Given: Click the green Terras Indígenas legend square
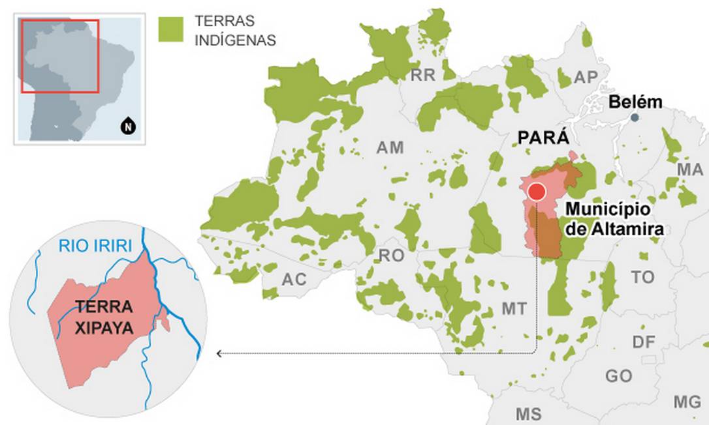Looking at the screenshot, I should point(171,30).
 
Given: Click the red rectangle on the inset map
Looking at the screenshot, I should point(59,56).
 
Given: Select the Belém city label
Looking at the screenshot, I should point(635,102).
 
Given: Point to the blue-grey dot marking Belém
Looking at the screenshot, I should point(634,118).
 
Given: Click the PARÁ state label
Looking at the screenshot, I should point(543,138).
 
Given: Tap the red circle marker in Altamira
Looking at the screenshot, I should point(537,192).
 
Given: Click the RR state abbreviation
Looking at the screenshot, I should point(422,76).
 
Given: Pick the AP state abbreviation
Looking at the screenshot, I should point(586,78).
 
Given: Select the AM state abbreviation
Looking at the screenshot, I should point(390,148).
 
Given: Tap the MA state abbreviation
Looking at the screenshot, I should point(689,169).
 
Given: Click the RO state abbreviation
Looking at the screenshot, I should point(392,256).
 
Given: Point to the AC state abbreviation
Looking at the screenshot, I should point(294,280).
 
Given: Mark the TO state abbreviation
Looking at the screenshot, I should point(642,278).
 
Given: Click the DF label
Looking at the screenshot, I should point(644,342).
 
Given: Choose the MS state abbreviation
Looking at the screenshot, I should point(528,414).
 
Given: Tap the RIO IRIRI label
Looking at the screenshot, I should point(95,246).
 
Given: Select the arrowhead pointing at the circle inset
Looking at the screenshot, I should point(219,353).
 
